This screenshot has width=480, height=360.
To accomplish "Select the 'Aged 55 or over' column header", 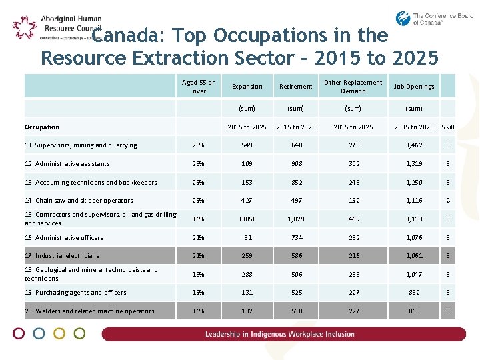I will tap(199, 87).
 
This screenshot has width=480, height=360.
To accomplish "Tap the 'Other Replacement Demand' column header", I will tap(353, 87).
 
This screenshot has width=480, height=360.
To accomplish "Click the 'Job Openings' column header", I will tap(413, 87).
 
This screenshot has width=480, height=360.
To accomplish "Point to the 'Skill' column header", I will tap(448, 127).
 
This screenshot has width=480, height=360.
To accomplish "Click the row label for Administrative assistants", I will tap(67, 164).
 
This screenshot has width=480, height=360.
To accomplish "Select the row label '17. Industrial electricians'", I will tap(62, 256).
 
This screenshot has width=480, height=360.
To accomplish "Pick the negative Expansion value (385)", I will tap(247, 219).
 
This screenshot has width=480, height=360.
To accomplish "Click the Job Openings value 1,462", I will tap(413, 145).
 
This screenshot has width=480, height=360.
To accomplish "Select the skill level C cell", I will tap(448, 201).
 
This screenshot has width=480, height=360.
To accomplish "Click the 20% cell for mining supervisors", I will tap(199, 145).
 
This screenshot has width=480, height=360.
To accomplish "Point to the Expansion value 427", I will tap(247, 201).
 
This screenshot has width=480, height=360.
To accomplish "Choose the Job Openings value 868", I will tap(413, 311).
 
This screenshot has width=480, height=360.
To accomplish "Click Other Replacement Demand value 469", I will tap(353, 219).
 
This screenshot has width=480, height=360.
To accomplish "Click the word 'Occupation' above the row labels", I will tap(42, 127).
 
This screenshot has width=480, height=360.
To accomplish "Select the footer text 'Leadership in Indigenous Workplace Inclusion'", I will tap(280, 334).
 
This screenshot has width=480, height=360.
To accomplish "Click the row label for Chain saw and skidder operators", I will tap(79, 201).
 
